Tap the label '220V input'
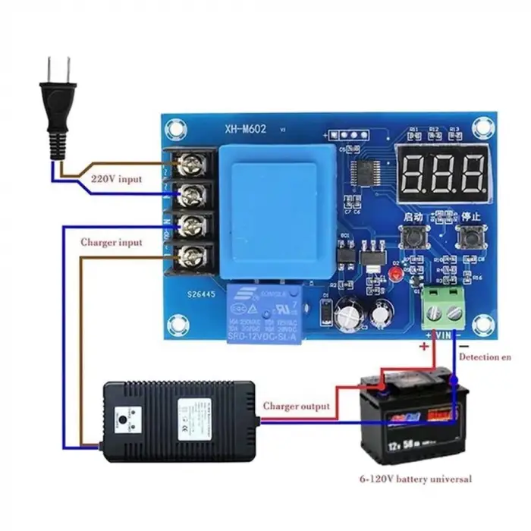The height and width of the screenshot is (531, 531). click(x=115, y=180)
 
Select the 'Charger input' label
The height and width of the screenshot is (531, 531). click(x=110, y=242)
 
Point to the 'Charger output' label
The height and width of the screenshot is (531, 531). click(x=296, y=407)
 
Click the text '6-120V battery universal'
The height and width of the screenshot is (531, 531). click(x=416, y=479)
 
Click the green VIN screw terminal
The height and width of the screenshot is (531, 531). click(x=443, y=308)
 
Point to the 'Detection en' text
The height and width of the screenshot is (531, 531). click(x=491, y=356)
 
